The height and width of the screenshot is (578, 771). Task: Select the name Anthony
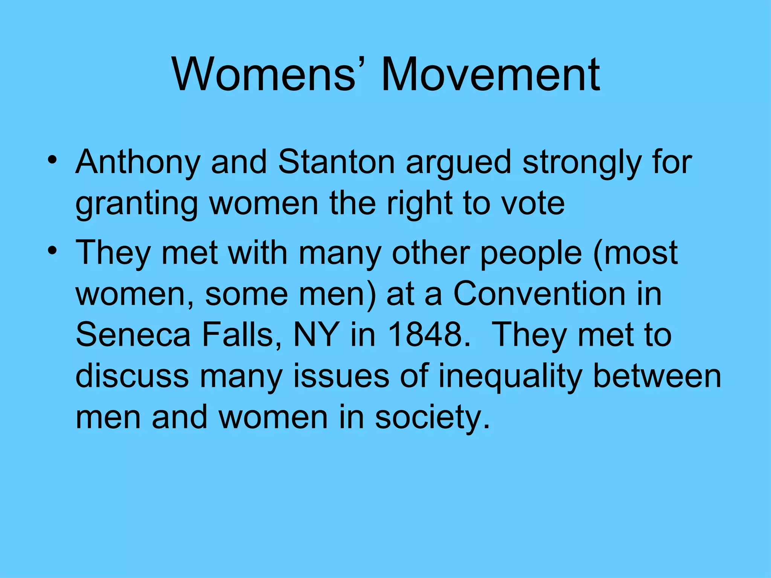pyautogui.click(x=137, y=163)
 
